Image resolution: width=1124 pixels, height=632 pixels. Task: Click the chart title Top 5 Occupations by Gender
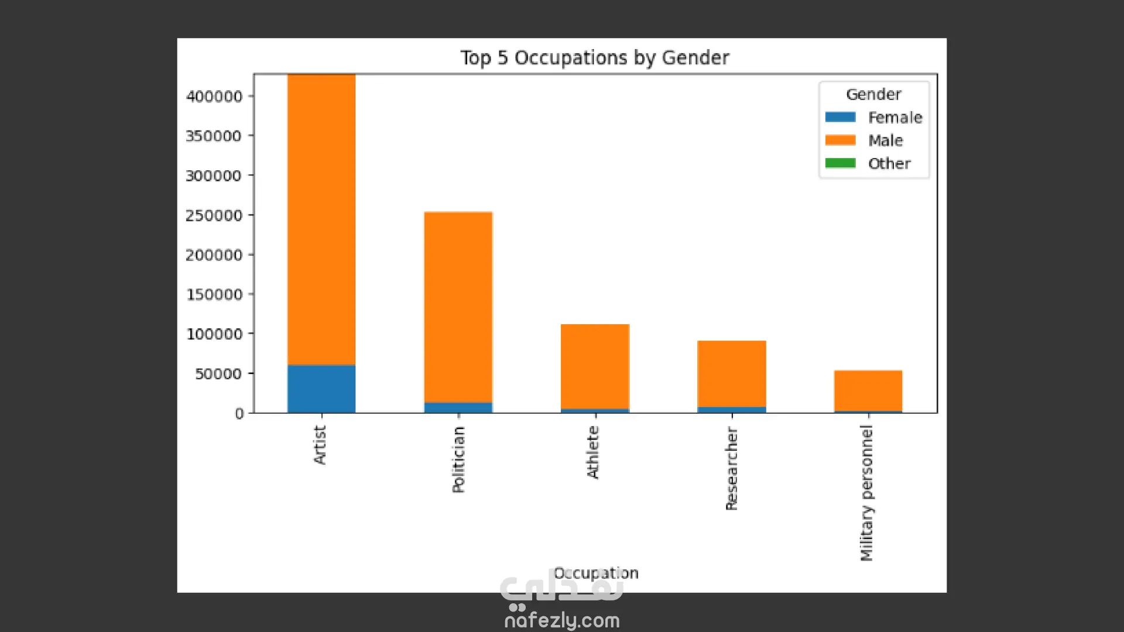[x=594, y=58]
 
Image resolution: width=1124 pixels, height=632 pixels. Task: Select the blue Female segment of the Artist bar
[x=321, y=389]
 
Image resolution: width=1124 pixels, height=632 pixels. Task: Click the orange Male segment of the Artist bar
[x=321, y=219]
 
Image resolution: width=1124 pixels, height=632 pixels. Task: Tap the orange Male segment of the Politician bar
[x=458, y=307]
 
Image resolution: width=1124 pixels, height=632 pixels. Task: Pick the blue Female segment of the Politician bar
[x=458, y=407]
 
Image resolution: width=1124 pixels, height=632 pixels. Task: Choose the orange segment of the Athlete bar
[x=595, y=366]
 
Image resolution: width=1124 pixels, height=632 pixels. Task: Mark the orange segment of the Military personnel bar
[x=868, y=390]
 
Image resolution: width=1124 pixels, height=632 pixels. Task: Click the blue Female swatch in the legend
[x=840, y=117]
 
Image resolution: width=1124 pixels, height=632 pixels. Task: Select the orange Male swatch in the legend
[x=840, y=140]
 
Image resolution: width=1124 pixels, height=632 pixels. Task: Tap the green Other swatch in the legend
[x=840, y=163]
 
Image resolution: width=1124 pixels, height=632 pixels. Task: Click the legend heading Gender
[x=873, y=94]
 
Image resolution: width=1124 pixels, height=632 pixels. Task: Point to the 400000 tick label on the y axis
[x=214, y=97]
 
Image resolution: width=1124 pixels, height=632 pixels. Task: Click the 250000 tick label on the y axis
[x=214, y=216]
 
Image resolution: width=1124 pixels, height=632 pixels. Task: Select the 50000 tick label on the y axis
[x=218, y=374]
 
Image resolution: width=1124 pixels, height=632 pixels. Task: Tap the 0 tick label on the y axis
[x=239, y=414]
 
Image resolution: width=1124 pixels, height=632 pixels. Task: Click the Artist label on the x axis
[x=320, y=445]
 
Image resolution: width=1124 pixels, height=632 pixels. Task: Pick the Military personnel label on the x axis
[x=866, y=493]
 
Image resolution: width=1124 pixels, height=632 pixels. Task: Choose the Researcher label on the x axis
[x=731, y=469]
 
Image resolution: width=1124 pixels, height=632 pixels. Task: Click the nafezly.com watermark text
[x=562, y=620]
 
